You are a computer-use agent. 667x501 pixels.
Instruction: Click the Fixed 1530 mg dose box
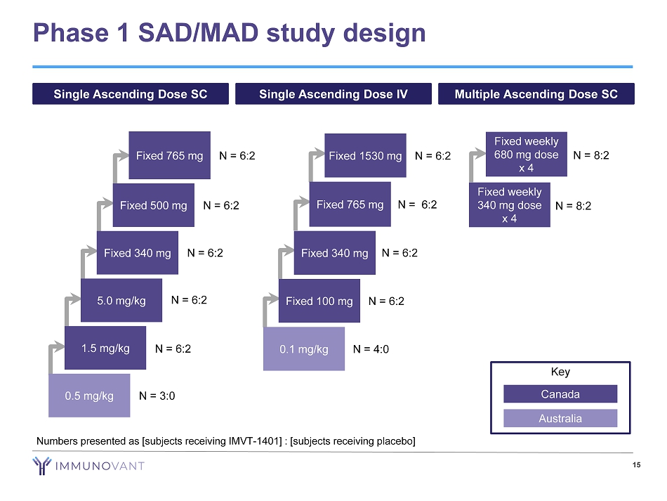coord(365,155)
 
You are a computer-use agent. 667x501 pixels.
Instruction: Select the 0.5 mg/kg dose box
coord(89,396)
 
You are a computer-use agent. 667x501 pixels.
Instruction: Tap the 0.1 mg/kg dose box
coord(304,349)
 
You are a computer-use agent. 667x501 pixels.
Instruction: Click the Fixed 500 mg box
coord(153,205)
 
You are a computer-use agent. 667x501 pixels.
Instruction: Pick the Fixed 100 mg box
coord(319,301)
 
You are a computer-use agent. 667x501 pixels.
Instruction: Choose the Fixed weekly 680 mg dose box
coord(527,155)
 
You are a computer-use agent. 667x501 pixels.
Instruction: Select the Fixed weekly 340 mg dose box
coord(510,204)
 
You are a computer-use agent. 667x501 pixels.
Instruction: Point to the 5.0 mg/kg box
coord(122,301)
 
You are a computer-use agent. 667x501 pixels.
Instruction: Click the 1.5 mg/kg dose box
coord(105,348)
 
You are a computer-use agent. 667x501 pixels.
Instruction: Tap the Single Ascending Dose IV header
coord(333,94)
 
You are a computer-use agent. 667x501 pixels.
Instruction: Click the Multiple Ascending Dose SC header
coord(536,94)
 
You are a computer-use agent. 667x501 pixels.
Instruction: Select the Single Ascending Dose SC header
coord(131,94)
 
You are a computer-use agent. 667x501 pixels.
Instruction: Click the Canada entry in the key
coord(560,393)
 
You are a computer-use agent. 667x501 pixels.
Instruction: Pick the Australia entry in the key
coord(560,418)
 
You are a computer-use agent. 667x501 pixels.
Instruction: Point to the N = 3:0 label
coord(157,396)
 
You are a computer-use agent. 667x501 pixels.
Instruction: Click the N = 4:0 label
coord(371,349)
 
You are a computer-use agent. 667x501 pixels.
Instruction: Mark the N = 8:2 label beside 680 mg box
coord(591,155)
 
